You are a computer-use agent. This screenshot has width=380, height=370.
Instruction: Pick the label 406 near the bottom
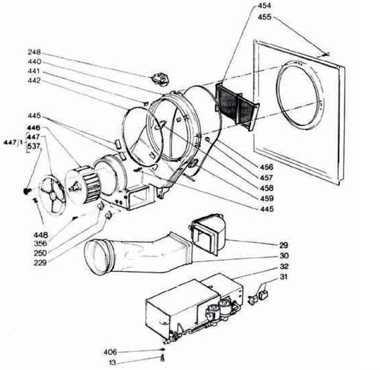pos(110,352)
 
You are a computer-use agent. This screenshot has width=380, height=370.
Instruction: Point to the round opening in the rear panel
pos(301,95)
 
